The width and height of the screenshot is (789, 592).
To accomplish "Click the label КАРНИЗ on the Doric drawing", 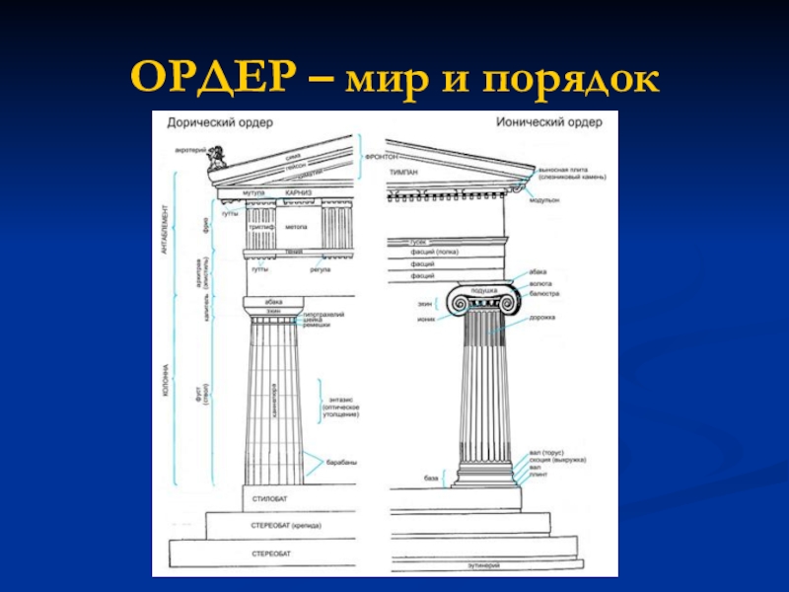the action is tap(299, 192).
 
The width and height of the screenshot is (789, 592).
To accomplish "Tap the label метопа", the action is tap(297, 227).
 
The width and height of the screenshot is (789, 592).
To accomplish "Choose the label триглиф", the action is tap(261, 227).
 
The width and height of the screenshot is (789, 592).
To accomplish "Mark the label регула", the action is tap(320, 268).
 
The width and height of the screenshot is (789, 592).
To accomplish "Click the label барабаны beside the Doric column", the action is tap(343, 462).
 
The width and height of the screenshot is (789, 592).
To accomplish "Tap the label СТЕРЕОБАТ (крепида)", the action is tap(287, 526).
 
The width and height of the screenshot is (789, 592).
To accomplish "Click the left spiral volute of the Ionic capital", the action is tap(458, 301).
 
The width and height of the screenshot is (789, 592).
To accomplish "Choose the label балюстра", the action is tap(543, 294).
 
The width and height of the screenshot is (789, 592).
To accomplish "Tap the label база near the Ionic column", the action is tap(431, 478).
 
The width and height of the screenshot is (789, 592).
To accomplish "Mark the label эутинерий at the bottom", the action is tap(484, 565).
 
